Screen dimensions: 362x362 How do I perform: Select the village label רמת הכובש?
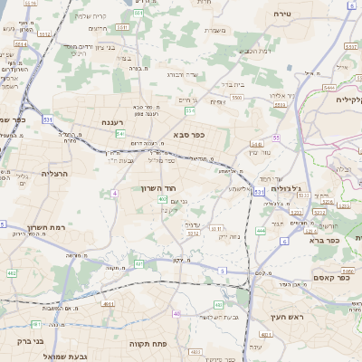[251, 51]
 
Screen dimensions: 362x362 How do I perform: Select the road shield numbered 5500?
[236, 96]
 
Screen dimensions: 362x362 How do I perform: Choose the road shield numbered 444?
[261, 231]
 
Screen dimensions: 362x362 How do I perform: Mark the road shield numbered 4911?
[109, 306]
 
